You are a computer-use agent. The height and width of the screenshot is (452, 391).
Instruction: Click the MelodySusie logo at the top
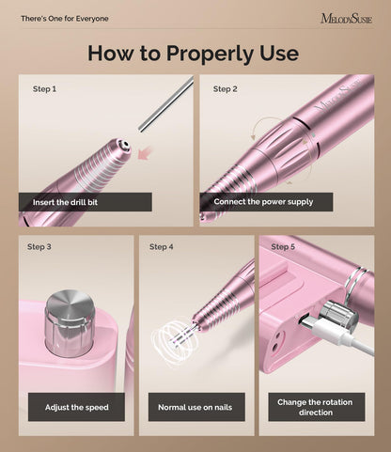coord(345,18)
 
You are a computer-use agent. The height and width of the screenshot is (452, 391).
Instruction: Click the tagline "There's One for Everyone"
coord(65,19)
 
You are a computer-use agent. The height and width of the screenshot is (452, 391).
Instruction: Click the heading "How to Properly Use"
coord(195,53)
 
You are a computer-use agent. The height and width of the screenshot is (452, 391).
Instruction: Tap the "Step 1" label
coord(44,89)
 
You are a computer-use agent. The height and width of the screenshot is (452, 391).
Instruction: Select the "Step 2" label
coord(225,89)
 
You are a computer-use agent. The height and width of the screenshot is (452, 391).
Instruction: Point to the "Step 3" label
coord(39,247)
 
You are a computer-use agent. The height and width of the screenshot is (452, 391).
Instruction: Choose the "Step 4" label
coord(161,247)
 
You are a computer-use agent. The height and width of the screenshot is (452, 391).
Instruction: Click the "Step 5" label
coord(283,247)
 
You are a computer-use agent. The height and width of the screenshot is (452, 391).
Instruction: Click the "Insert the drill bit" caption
coord(85,201)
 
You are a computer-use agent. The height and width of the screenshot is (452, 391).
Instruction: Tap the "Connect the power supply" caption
coord(263,201)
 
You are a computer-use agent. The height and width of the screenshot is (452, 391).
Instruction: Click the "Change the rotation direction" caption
coord(316,407)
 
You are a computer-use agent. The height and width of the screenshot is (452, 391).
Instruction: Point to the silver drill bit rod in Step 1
coord(164,104)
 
